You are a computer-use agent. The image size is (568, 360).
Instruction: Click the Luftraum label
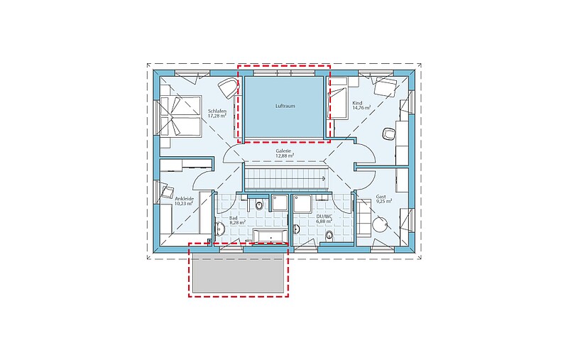285,106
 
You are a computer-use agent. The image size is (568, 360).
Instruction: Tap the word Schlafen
217,111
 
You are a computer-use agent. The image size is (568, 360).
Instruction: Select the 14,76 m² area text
361,107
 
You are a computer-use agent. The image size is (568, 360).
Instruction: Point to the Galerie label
283,151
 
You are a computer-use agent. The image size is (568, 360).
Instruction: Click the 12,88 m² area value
285,156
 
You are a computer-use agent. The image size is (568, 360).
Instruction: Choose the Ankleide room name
185,199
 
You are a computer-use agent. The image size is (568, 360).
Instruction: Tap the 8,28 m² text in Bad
238,222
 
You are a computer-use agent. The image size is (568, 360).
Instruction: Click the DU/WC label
324,217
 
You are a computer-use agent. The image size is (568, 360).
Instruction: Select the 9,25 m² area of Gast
383,201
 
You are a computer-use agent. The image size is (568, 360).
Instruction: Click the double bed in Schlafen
180,116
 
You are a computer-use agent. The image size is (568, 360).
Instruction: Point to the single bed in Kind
338,99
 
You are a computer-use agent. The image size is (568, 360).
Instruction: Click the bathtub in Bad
271,236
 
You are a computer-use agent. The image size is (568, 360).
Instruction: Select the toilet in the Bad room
259,205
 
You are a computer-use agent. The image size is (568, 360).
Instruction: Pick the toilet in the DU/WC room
329,235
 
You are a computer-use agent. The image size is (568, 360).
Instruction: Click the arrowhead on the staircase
324,178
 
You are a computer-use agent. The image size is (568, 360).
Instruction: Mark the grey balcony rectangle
239,273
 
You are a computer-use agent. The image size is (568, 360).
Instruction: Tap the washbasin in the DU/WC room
297,229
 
